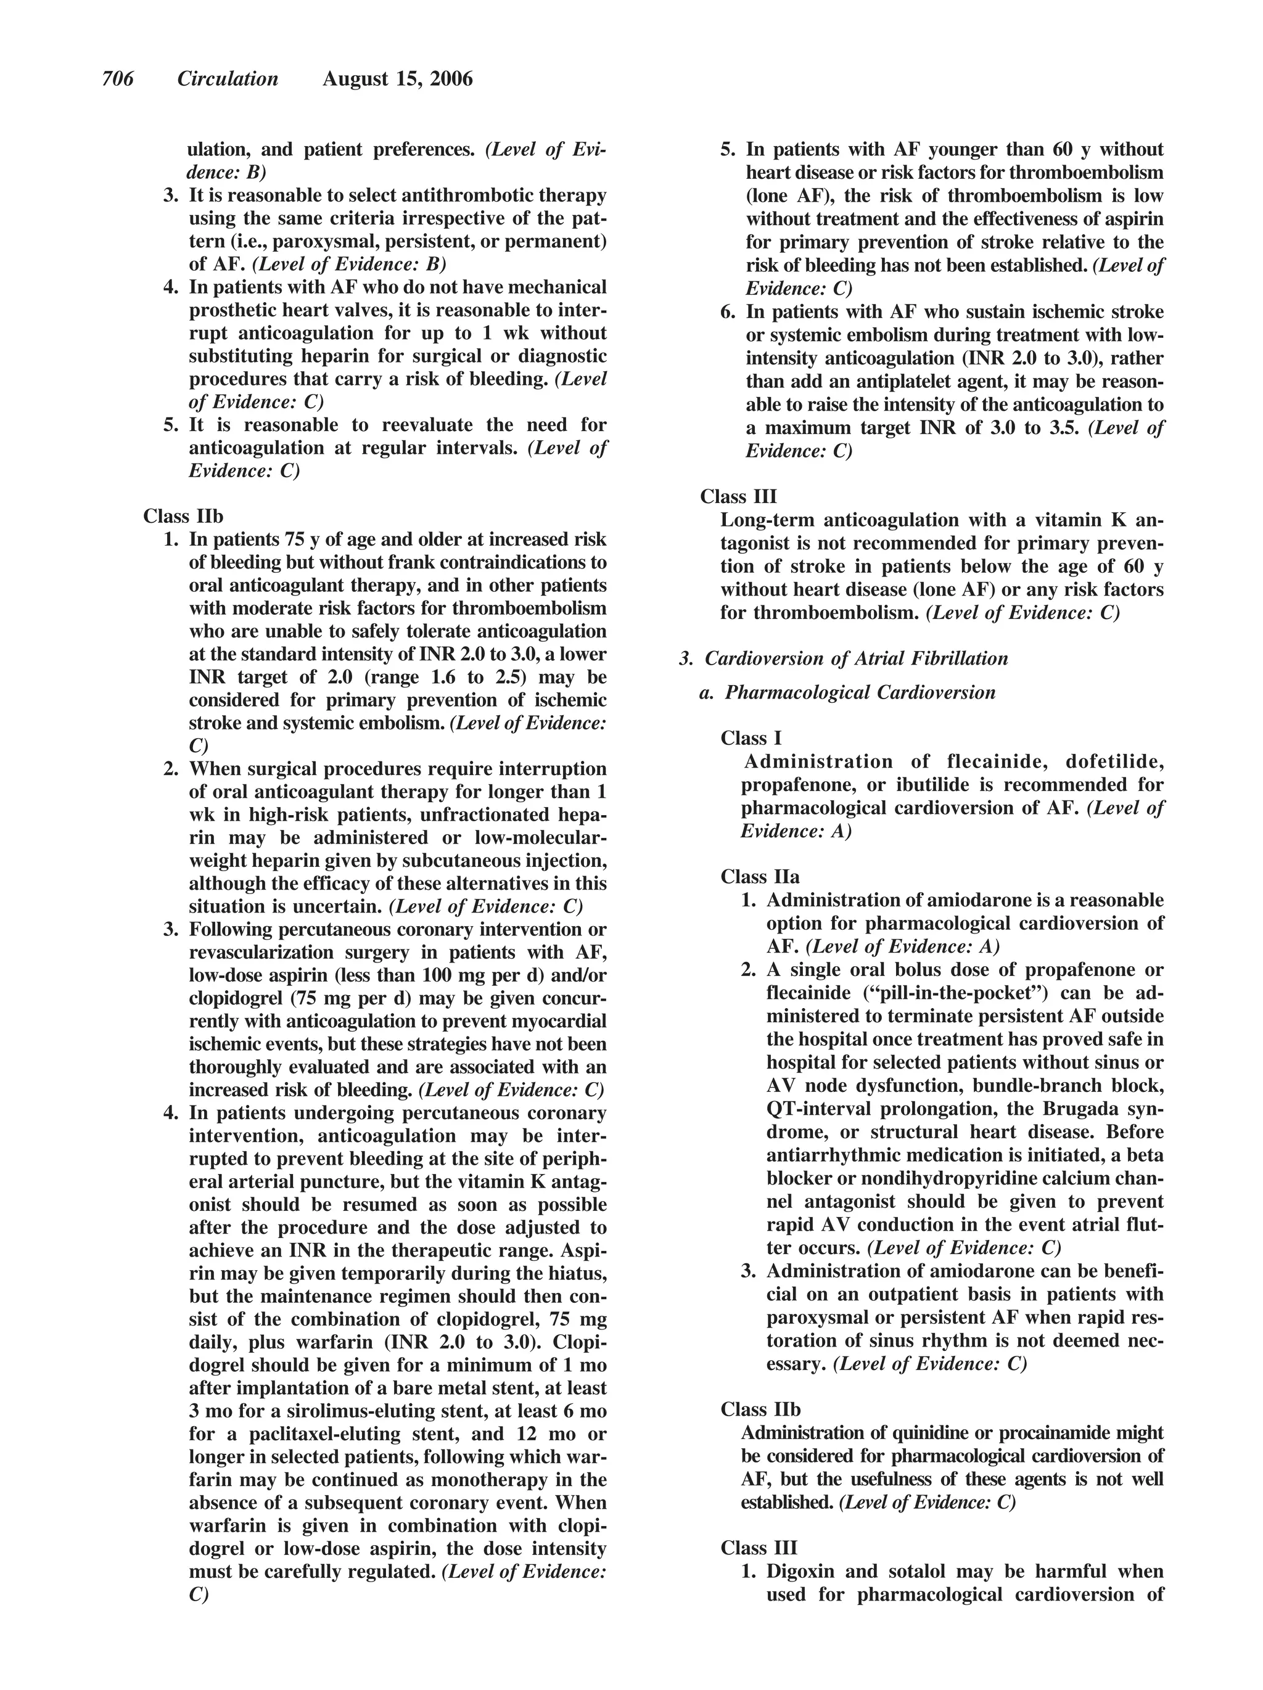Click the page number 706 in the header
coord(118,79)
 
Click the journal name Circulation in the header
coord(228,79)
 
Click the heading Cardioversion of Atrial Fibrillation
coord(856,658)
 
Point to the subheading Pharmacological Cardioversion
coord(860,692)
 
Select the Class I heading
coord(751,738)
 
